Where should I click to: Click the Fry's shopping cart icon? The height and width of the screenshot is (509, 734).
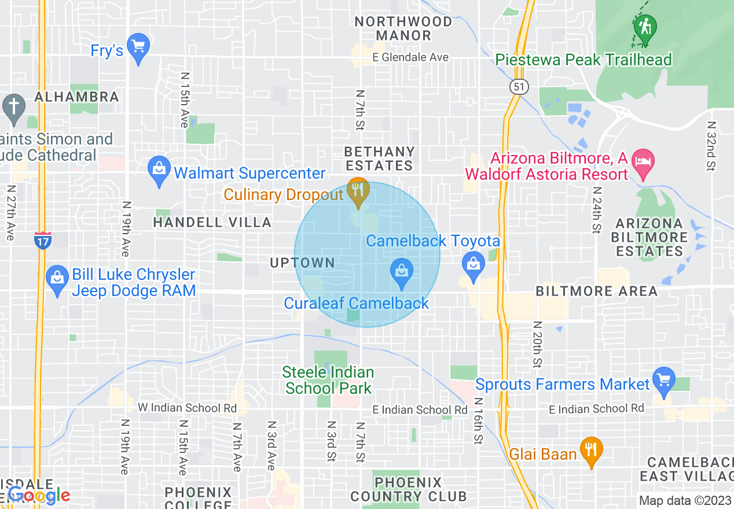138,47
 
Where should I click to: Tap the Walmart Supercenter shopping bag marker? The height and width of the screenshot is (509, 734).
159,169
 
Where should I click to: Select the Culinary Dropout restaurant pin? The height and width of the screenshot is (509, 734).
358,190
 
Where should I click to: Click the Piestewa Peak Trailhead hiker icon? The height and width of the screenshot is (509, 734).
644,27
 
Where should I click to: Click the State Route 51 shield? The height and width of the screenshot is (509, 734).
519,87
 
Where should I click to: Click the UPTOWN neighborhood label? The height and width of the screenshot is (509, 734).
302,263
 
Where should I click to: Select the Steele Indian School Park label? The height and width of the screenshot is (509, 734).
328,380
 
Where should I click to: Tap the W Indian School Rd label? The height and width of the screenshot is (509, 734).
187,408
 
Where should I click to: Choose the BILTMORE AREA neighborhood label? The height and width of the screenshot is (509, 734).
596,291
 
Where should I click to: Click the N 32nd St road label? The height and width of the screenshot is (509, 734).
711,146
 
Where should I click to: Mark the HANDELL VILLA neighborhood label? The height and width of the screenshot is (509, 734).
212,222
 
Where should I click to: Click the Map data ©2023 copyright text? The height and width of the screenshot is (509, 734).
685,501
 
